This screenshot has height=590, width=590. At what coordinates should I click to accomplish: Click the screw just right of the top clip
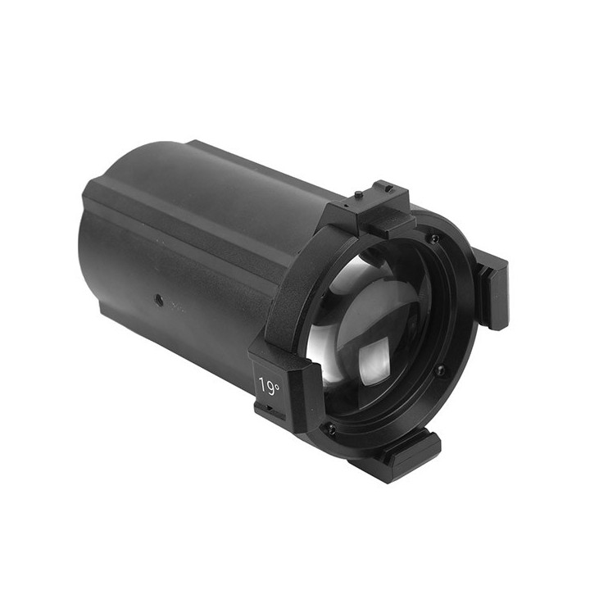point(433,238)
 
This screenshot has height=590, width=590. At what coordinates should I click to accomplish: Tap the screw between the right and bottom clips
point(441,371)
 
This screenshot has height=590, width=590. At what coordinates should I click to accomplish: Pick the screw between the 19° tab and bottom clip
point(331,429)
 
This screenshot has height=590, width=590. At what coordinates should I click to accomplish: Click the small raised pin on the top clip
point(358,194)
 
